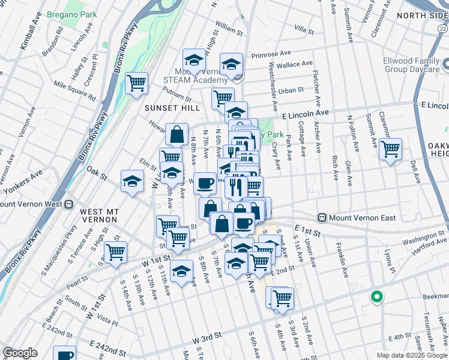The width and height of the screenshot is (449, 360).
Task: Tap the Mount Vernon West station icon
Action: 69,203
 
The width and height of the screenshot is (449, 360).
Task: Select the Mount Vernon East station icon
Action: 322,217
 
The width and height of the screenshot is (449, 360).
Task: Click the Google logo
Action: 20,353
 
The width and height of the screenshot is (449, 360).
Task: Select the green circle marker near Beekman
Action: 376,296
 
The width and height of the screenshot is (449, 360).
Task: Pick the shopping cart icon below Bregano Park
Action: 137,83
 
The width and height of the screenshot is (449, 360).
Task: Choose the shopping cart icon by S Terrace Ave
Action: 115,252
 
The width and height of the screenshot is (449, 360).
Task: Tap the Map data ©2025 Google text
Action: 411,355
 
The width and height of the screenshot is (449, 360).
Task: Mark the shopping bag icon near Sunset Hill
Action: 177,134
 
